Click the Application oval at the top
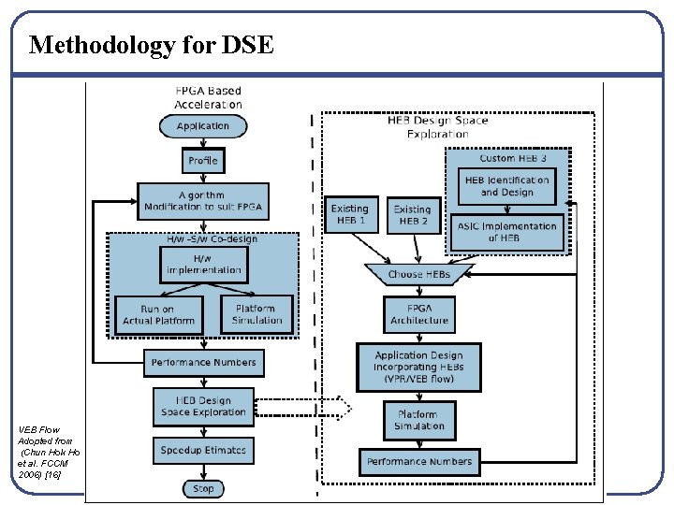click(202, 125)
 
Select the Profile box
click(202, 161)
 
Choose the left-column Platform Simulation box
click(256, 314)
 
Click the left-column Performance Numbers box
click(203, 362)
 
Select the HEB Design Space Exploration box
click(203, 405)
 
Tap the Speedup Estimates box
click(203, 450)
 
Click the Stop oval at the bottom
click(202, 488)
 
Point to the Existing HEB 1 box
click(349, 215)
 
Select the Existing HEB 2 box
click(412, 215)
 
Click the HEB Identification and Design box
click(506, 186)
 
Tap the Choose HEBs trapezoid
click(419, 274)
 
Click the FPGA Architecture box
click(419, 314)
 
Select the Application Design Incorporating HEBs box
click(419, 368)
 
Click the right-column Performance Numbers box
click(419, 461)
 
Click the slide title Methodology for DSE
click(152, 44)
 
